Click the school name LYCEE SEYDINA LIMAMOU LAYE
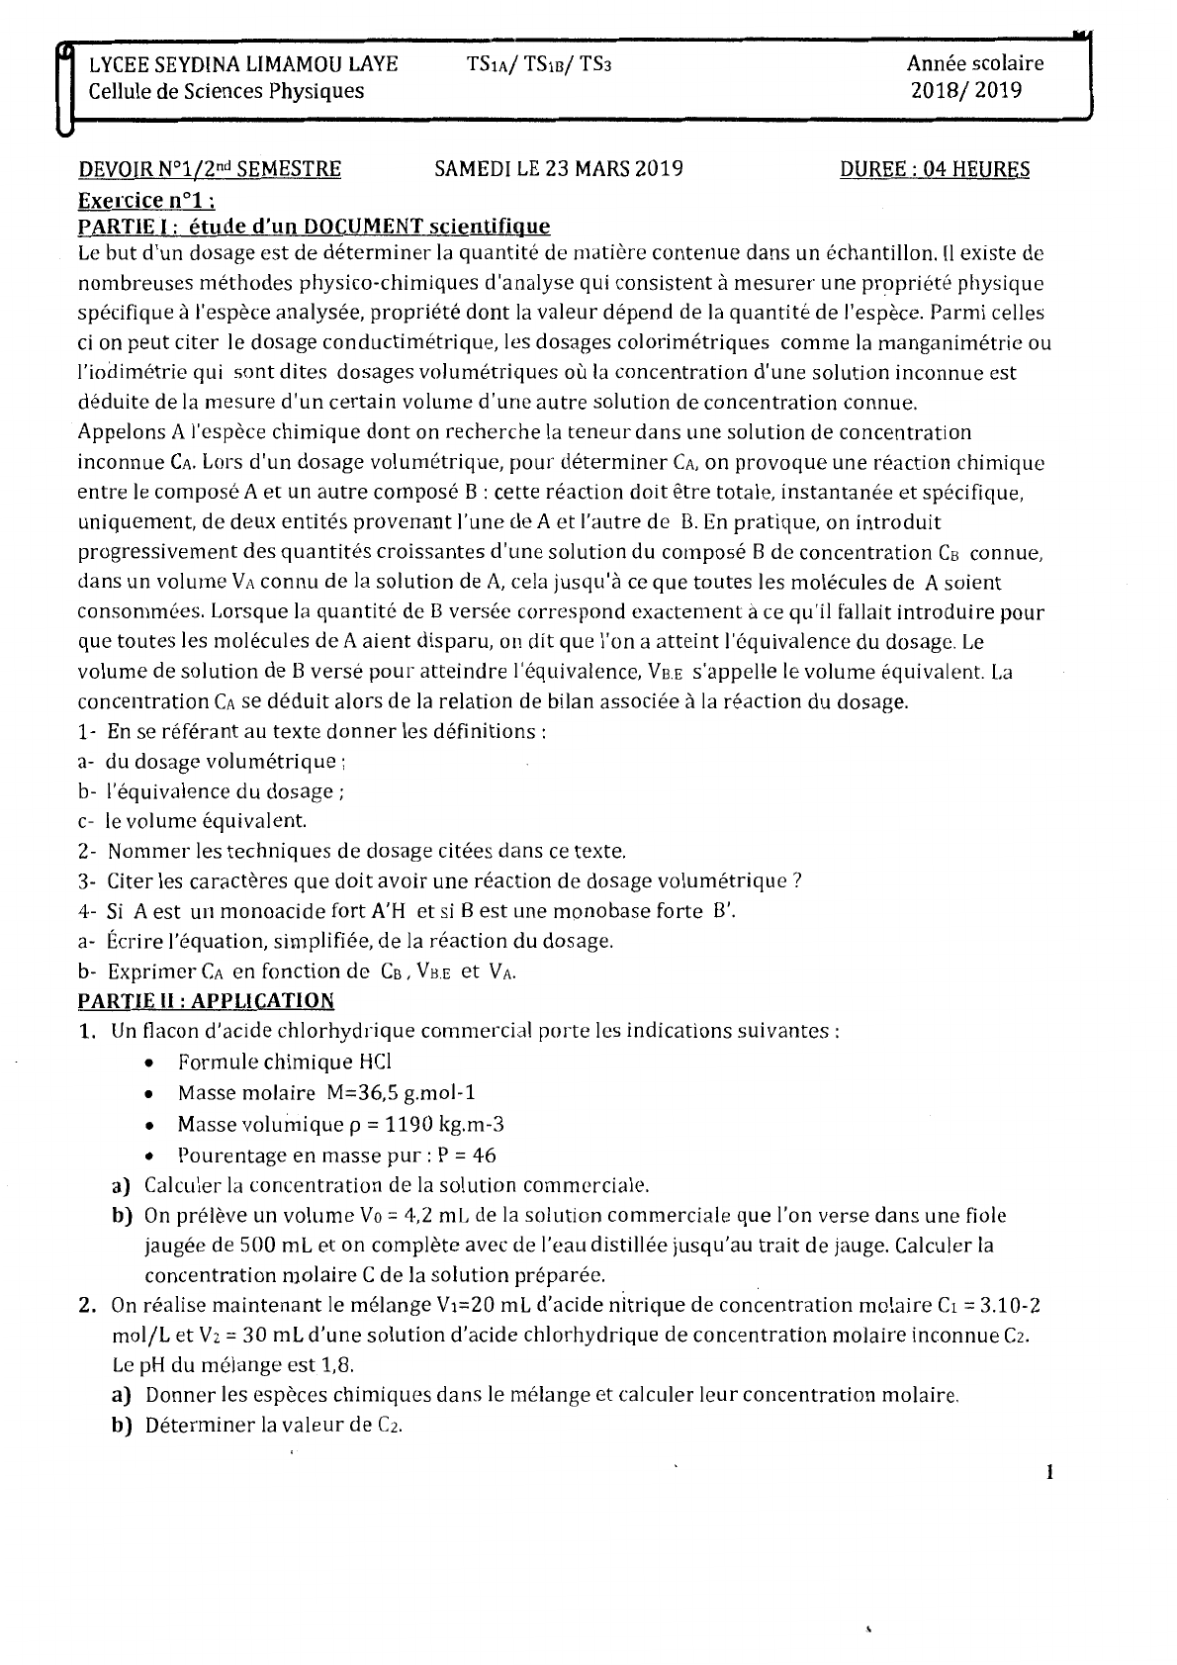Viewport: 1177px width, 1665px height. (x=243, y=64)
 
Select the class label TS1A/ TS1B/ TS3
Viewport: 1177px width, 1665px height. (x=546, y=64)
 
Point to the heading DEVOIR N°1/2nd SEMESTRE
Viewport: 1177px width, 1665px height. (x=210, y=169)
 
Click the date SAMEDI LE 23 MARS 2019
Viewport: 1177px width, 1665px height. (x=559, y=169)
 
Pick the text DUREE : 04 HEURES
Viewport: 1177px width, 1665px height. (x=934, y=169)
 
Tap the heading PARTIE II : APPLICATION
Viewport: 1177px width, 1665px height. (x=206, y=1000)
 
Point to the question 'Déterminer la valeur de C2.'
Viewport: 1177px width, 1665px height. (x=273, y=1426)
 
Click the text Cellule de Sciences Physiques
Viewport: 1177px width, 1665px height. (x=226, y=91)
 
